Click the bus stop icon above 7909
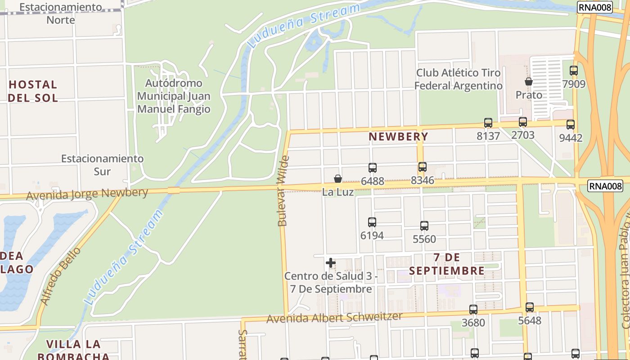click(574, 71)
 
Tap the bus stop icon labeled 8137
click(488, 122)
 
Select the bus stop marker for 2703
click(523, 121)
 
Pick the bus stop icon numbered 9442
click(571, 125)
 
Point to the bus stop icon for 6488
click(373, 168)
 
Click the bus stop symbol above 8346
click(423, 167)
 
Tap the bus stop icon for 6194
click(372, 222)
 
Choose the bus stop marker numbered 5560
click(424, 225)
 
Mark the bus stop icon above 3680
click(473, 309)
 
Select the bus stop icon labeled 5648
click(530, 307)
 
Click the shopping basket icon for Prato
click(529, 81)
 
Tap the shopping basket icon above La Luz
click(338, 179)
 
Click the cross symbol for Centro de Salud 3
click(331, 263)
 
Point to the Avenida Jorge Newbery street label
click(87, 194)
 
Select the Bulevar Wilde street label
click(283, 191)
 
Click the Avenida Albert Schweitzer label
click(334, 318)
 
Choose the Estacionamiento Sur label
click(103, 165)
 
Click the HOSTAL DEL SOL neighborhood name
click(33, 91)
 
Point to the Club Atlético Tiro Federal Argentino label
click(458, 79)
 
